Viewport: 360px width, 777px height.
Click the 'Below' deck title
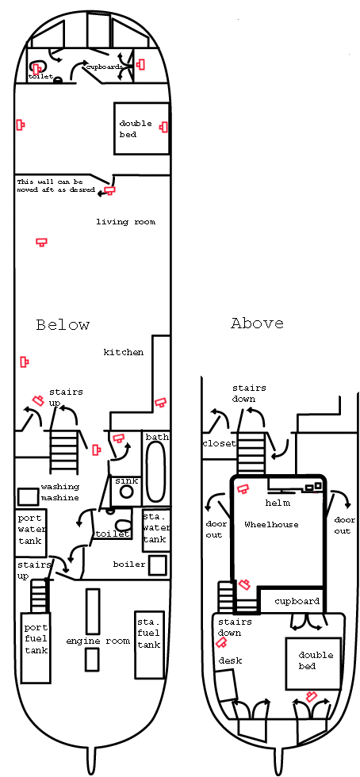point(63,324)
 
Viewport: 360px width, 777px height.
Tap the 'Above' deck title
point(258,323)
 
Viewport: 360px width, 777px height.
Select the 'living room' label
point(125,221)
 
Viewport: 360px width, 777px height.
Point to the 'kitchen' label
point(124,352)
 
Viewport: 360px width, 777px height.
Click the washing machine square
point(28,496)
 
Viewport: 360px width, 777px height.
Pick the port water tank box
point(31,532)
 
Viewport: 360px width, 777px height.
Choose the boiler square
point(158,565)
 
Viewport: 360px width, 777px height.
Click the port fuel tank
point(35,648)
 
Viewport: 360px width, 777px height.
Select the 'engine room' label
point(98,641)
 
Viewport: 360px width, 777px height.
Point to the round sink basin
point(127,492)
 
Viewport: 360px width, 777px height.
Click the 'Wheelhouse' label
point(271,524)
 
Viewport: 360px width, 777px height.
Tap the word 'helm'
point(278,503)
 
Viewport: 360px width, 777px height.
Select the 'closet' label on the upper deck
point(219,443)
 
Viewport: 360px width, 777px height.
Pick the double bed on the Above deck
point(313,663)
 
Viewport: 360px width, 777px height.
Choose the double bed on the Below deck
point(141,128)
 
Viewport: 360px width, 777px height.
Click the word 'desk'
point(231,660)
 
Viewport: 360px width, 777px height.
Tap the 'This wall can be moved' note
point(56,186)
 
